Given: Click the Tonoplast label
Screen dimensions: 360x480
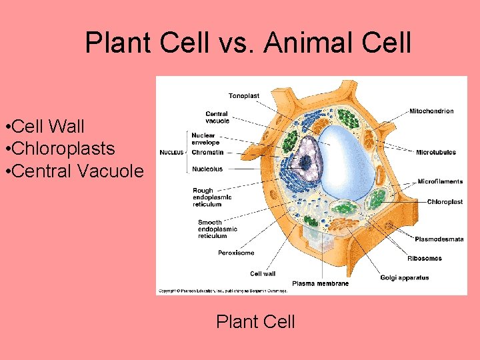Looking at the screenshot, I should (x=244, y=96).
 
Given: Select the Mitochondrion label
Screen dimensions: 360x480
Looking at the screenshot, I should (x=431, y=111).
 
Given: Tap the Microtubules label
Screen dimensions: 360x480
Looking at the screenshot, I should (x=436, y=152).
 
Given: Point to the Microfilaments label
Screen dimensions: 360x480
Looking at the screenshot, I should (x=440, y=181).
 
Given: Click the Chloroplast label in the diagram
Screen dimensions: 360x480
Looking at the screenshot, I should (x=445, y=201).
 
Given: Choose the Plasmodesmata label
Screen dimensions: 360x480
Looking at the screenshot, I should (x=439, y=239).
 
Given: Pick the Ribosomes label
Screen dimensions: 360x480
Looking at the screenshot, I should (x=425, y=258).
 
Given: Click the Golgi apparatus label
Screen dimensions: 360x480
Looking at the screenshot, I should (x=405, y=277).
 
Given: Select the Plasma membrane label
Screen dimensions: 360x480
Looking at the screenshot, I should (x=320, y=283).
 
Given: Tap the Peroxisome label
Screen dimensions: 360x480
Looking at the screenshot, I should (x=236, y=253).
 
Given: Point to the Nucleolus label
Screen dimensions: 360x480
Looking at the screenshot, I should (x=207, y=169).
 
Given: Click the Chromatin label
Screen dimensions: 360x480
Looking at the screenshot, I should (x=207, y=152).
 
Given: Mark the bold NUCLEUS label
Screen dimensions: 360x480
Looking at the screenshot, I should (x=171, y=152).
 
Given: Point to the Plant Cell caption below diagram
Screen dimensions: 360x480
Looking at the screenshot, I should (x=255, y=322).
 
